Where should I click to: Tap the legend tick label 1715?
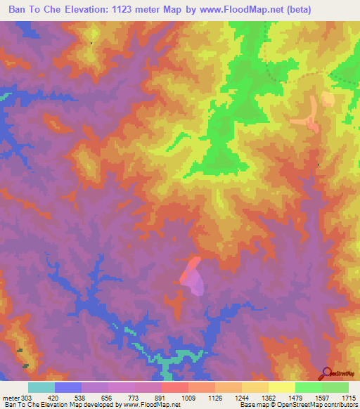click(349, 398)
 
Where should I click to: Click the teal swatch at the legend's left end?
click(41, 387)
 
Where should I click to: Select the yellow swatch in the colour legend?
click(281, 387)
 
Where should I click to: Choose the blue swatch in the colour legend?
click(67, 387)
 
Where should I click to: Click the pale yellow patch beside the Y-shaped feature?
click(328, 98)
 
